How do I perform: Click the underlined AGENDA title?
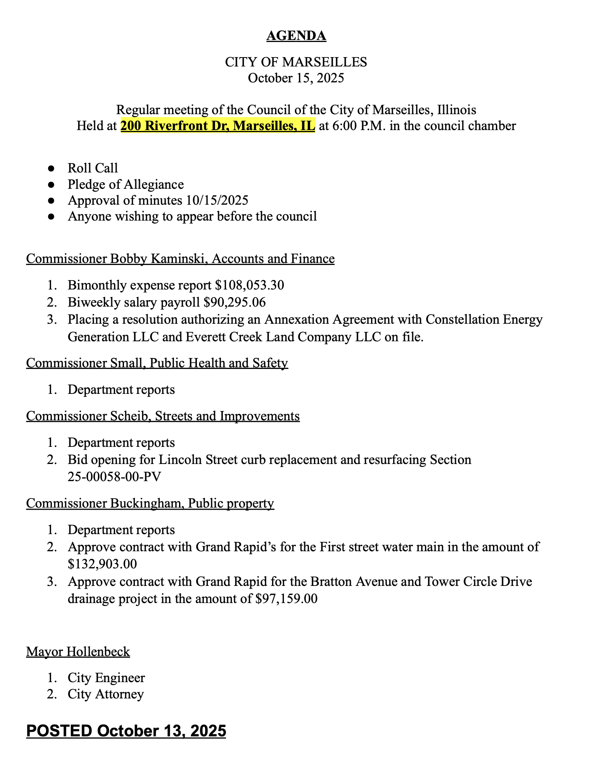[x=296, y=36]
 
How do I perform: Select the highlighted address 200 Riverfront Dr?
[x=217, y=126]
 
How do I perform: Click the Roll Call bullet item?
[x=93, y=168]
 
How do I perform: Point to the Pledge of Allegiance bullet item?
[x=126, y=184]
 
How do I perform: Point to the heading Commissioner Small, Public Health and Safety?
[x=157, y=363]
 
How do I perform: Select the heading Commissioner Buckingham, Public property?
[x=150, y=504]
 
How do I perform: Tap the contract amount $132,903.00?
[x=102, y=564]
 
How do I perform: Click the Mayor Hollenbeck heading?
[x=78, y=652]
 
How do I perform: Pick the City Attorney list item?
[x=106, y=694]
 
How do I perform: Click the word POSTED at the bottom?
[x=59, y=731]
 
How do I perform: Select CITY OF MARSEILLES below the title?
[x=296, y=62]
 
